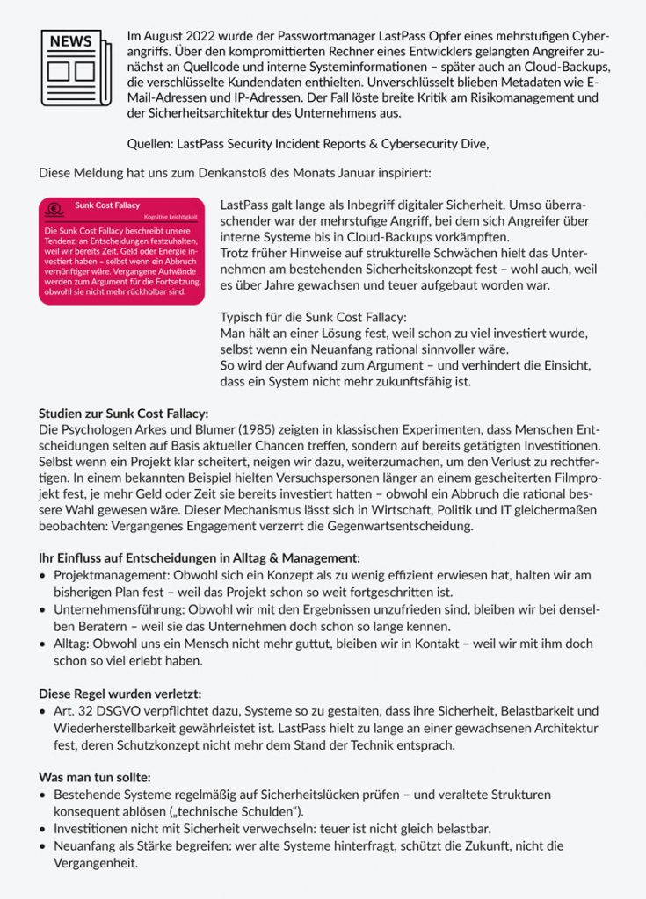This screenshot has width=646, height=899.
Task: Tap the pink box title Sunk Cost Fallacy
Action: pyautogui.click(x=107, y=205)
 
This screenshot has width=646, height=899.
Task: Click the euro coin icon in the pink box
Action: pyautogui.click(x=53, y=209)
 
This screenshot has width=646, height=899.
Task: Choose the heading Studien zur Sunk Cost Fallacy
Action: pyautogui.click(x=123, y=414)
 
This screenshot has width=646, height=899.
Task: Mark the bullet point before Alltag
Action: pyautogui.click(x=43, y=644)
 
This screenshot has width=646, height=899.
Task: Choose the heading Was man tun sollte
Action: pyautogui.click(x=94, y=777)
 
